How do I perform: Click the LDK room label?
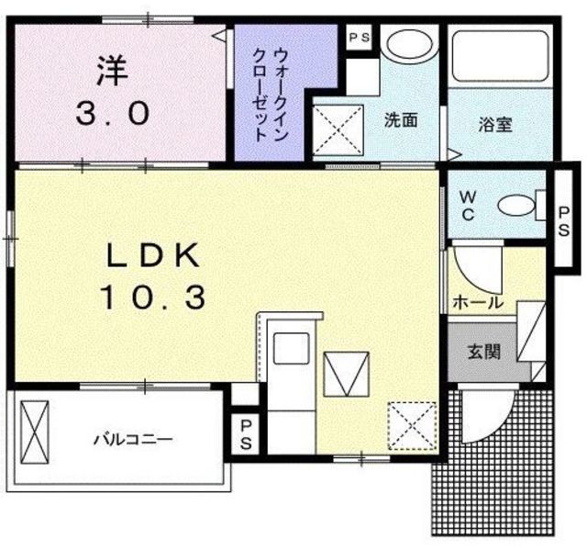[x=153, y=255]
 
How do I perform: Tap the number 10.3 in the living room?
[x=153, y=297]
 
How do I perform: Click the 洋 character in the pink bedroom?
[x=113, y=71]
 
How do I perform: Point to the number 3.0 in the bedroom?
[x=113, y=114]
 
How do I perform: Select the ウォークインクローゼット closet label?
[x=270, y=95]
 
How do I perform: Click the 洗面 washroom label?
[x=401, y=120]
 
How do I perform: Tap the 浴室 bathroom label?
[x=495, y=124]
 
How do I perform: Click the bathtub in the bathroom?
[x=501, y=56]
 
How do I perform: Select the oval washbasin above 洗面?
[x=410, y=45]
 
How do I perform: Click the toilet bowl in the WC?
[x=516, y=206]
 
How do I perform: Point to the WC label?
[x=468, y=206]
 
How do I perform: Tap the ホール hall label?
[x=478, y=302]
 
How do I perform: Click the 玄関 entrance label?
[x=483, y=352]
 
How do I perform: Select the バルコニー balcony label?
[x=133, y=439]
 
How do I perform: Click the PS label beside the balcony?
[x=246, y=434]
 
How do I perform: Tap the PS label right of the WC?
[x=563, y=221]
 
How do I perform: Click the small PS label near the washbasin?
[x=360, y=37]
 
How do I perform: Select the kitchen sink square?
[x=292, y=348]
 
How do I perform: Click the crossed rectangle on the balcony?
[x=35, y=432]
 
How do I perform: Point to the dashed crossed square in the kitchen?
[x=412, y=426]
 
